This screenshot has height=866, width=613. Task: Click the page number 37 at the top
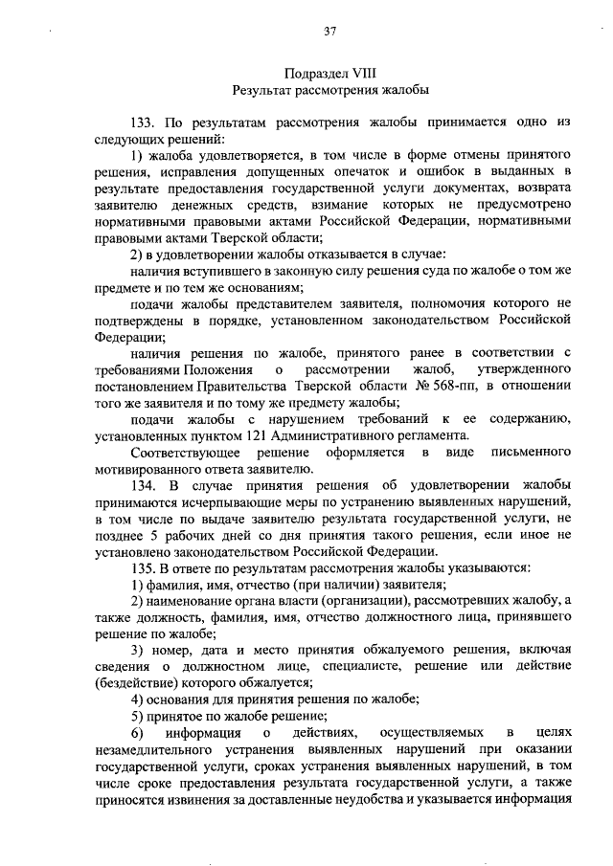pos(329,31)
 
